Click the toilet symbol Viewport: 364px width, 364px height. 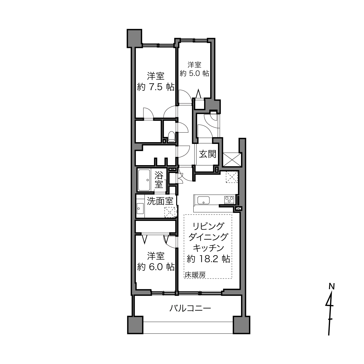(172, 136)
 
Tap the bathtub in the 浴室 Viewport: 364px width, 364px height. (144, 180)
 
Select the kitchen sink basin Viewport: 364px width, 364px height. (203, 200)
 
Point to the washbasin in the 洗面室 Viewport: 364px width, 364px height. (140, 208)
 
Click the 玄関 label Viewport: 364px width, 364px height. (208, 154)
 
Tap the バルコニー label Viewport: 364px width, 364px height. (190, 309)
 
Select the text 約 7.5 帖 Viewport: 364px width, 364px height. (156, 87)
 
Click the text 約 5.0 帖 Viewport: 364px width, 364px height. (195, 73)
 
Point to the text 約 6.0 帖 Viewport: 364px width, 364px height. (156, 267)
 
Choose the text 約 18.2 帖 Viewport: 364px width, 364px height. (208, 259)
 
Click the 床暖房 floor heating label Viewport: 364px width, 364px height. (195, 275)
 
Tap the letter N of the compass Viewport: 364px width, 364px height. (331, 287)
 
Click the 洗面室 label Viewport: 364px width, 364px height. (160, 201)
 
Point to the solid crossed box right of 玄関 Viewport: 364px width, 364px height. (232, 160)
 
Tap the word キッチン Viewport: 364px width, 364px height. (208, 248)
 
